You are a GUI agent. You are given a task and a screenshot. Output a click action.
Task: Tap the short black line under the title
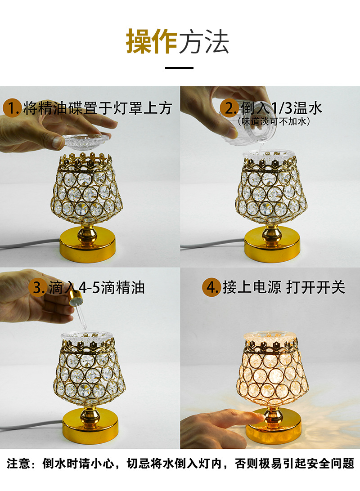(x=180, y=68)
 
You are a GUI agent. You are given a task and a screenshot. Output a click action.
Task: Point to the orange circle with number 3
(x=37, y=288)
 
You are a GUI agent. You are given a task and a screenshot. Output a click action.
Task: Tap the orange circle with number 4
(x=211, y=288)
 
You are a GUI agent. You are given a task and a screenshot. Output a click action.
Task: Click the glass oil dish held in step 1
(x=88, y=141)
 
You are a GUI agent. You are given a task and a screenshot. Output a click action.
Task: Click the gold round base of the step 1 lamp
(x=87, y=245)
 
